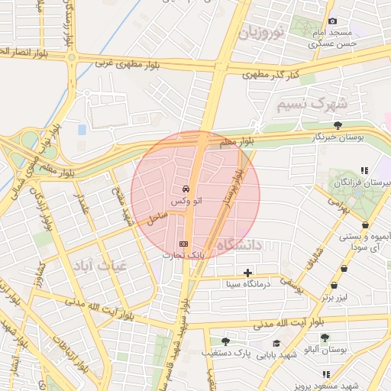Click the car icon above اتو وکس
click(x=185, y=188)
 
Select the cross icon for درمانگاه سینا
click(x=247, y=273)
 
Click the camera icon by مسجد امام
click(x=331, y=21)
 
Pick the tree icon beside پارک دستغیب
click(x=225, y=341)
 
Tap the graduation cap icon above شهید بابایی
click(x=276, y=344)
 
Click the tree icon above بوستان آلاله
click(x=325, y=337)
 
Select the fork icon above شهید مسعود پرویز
click(x=326, y=374)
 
